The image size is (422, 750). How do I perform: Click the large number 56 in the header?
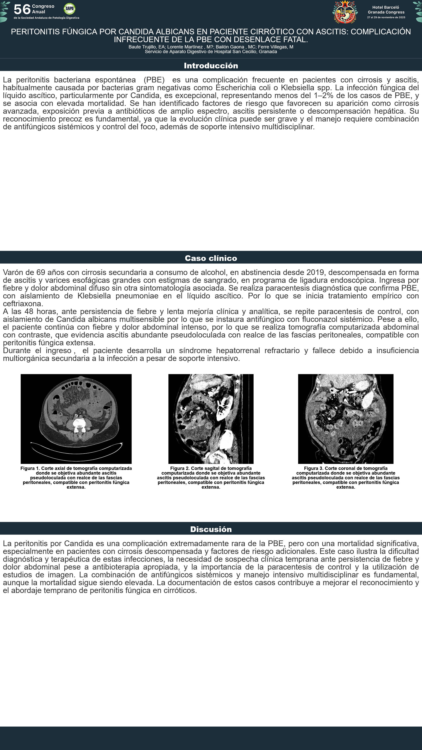click(x=22, y=9)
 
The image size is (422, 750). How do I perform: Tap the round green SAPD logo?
click(x=69, y=9)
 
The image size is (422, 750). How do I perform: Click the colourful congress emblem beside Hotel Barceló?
click(x=345, y=12)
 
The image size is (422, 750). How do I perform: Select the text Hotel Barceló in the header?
click(x=386, y=7)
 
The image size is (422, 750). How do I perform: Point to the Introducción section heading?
click(x=211, y=65)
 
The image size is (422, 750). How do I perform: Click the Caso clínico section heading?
click(x=211, y=258)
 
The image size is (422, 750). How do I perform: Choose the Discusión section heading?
click(x=211, y=529)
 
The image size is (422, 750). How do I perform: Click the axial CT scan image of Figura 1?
click(x=76, y=419)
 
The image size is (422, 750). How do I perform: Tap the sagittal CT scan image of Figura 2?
click(x=211, y=419)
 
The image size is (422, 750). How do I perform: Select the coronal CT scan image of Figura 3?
click(x=346, y=419)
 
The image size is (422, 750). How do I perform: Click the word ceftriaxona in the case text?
click(x=23, y=304)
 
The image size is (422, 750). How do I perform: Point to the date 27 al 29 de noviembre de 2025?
click(x=386, y=17)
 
